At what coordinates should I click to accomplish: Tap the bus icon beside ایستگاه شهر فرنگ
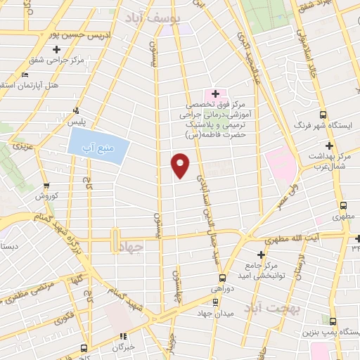click(x=323, y=115)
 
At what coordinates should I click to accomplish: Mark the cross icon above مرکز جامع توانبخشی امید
click(x=262, y=254)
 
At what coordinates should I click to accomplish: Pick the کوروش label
click(x=45, y=195)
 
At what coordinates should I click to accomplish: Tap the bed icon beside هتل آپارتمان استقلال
click(x=26, y=75)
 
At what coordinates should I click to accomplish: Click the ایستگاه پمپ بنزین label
click(x=331, y=330)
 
